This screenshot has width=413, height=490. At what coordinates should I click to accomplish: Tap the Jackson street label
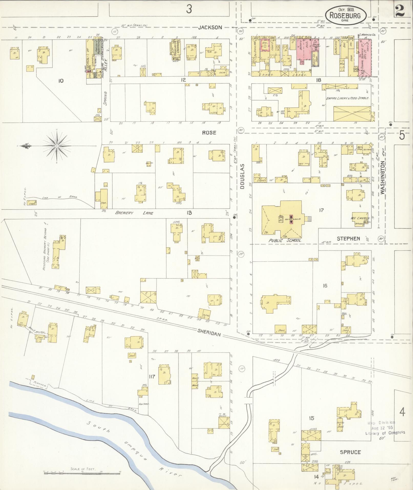pyautogui.click(x=210, y=27)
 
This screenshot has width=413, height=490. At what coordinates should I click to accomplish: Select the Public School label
pyautogui.click(x=285, y=241)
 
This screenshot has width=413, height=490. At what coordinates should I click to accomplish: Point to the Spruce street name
pyautogui.click(x=350, y=452)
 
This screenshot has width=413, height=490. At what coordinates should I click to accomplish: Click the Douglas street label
pyautogui.click(x=242, y=176)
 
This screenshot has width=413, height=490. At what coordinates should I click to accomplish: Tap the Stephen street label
pyautogui.click(x=348, y=238)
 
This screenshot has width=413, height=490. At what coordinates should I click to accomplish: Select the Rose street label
pyautogui.click(x=209, y=132)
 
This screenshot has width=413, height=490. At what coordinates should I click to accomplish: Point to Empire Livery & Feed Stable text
pyautogui.click(x=347, y=98)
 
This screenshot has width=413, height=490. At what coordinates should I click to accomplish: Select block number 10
pyautogui.click(x=61, y=81)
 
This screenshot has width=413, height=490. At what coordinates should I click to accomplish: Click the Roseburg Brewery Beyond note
pyautogui.click(x=46, y=249)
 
